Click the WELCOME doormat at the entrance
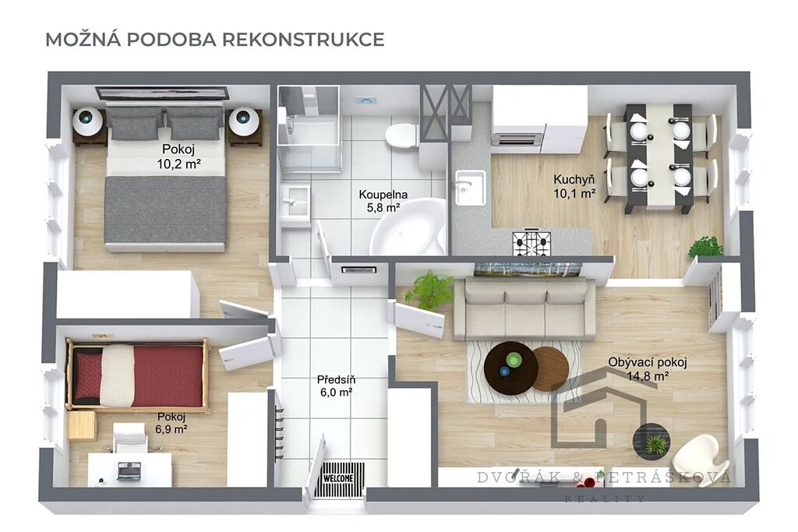[x=340, y=479]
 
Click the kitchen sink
[x=470, y=187]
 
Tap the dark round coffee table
[x=511, y=365]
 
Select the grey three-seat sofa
[x=524, y=308]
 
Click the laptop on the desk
[x=129, y=471]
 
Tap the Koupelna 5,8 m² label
[x=383, y=201]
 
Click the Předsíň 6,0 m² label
[x=336, y=386]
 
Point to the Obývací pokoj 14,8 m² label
[x=648, y=369]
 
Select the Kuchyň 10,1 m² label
[x=574, y=186]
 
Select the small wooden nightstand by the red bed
[x=81, y=425]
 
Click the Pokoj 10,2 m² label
[x=178, y=156]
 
